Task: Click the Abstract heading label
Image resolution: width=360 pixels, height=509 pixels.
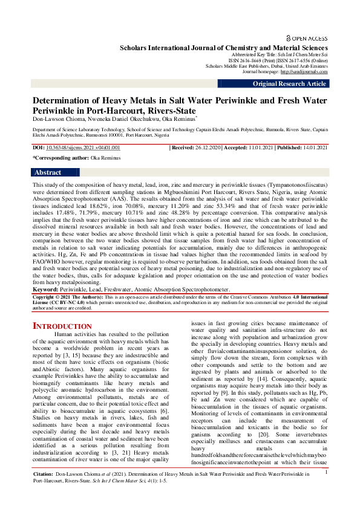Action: (48, 172)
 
